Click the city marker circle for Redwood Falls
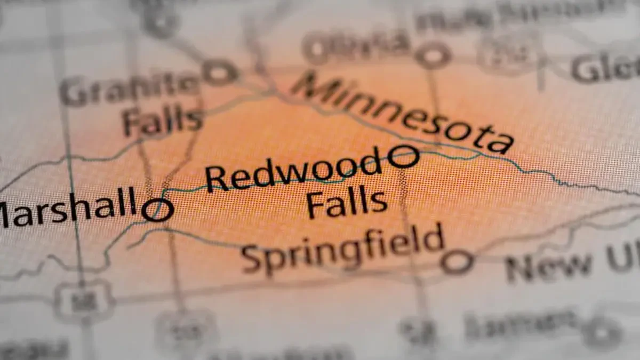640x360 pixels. click(x=403, y=157)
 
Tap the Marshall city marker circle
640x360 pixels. click(x=158, y=210)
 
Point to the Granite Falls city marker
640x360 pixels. click(x=220, y=72)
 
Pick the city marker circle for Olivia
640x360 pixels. click(x=433, y=55)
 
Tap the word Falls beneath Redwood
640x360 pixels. click(x=347, y=203)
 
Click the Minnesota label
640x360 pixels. click(x=403, y=113)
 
